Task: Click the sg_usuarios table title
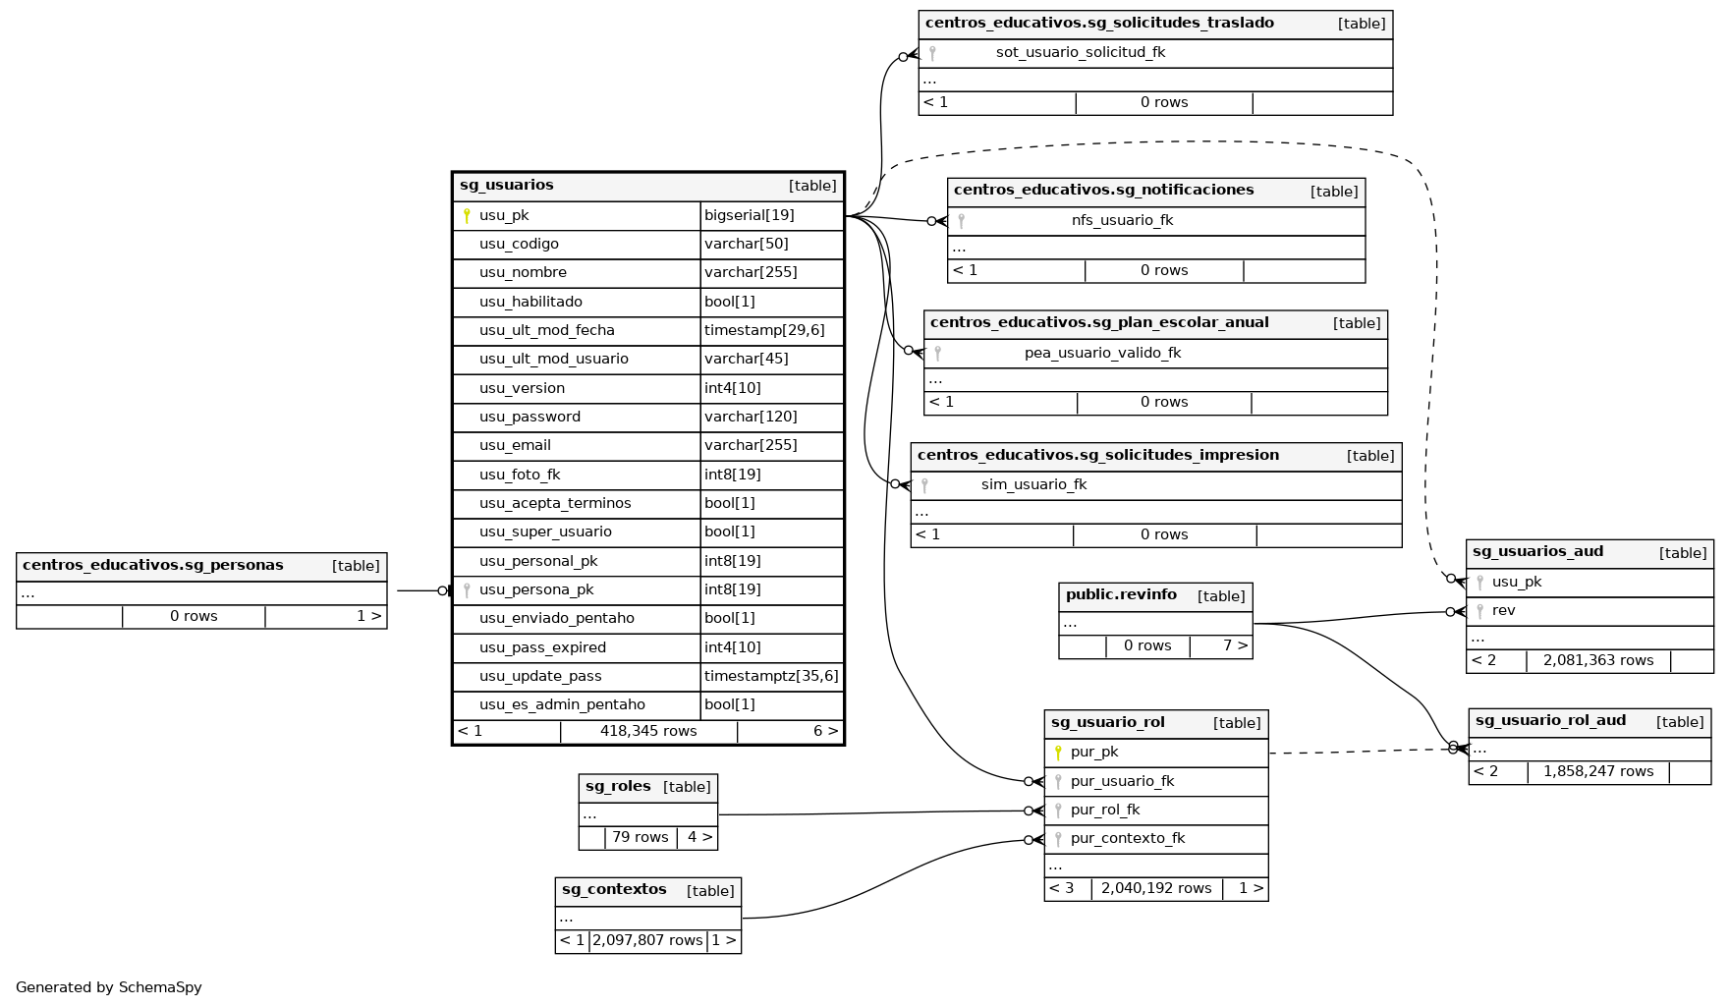pyautogui.click(x=507, y=186)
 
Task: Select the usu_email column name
pyautogui.click(x=515, y=446)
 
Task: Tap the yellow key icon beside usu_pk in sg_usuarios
pyautogui.click(x=467, y=216)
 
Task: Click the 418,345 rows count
pyautogui.click(x=648, y=732)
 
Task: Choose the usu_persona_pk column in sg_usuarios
pyautogui.click(x=536, y=590)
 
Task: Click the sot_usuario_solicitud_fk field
pyautogui.click(x=1080, y=53)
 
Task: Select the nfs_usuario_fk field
pyautogui.click(x=1122, y=221)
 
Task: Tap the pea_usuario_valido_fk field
pyautogui.click(x=1102, y=354)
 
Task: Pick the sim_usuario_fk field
pyautogui.click(x=1033, y=485)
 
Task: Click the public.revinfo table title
pyautogui.click(x=1121, y=595)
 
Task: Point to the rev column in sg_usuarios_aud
pyautogui.click(x=1503, y=611)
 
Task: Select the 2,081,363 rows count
pyautogui.click(x=1598, y=661)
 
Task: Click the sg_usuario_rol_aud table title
pyautogui.click(x=1550, y=721)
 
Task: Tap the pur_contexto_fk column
pyautogui.click(x=1128, y=839)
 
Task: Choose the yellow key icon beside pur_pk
pyautogui.click(x=1058, y=754)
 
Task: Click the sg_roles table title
pyautogui.click(x=618, y=787)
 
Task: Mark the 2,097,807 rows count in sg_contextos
pyautogui.click(x=647, y=941)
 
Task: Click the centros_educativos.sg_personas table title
pyautogui.click(x=152, y=566)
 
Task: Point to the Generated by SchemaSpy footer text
pyautogui.click(x=109, y=987)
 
